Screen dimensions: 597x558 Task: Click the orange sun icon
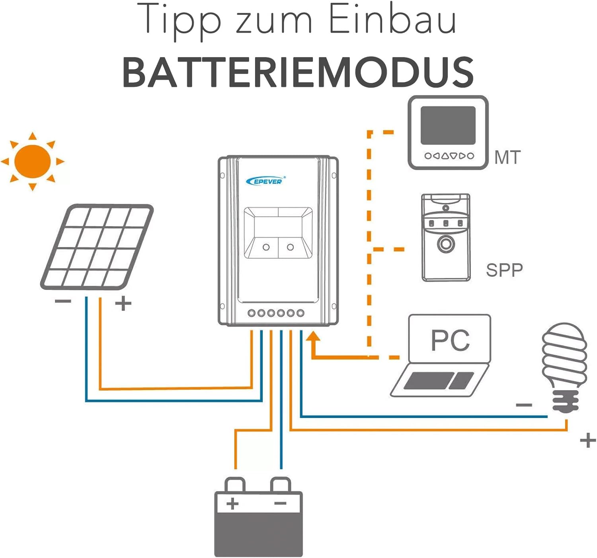point(33,161)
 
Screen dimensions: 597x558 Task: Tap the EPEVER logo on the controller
point(265,181)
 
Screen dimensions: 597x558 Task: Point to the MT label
point(507,157)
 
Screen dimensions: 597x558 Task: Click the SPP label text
point(504,270)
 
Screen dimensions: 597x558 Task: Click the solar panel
point(97,247)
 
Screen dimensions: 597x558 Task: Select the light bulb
point(564,367)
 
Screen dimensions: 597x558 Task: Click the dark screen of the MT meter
point(448,125)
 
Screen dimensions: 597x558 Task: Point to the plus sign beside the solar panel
point(123,303)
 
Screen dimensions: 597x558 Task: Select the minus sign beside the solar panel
point(63,301)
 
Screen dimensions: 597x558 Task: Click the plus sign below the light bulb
point(588,441)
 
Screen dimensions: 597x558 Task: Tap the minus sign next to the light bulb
point(524,405)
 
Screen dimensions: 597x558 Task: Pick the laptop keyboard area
point(439,381)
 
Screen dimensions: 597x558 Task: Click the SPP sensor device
point(446,237)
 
